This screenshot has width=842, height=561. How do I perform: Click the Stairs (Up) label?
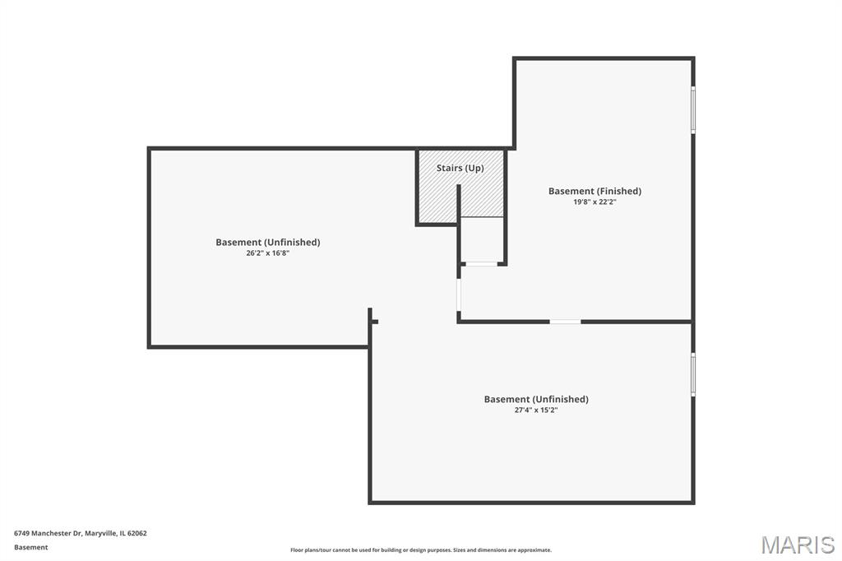tap(460, 168)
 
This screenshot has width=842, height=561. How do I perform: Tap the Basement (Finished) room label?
tap(594, 191)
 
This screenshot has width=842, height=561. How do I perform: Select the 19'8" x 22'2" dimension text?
tap(594, 202)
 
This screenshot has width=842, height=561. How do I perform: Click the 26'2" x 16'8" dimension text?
tap(267, 253)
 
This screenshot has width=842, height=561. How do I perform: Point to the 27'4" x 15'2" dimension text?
tap(536, 410)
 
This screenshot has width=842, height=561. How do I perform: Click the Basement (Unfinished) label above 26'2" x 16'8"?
tap(267, 243)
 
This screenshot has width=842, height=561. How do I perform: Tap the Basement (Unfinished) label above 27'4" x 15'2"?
tap(536, 399)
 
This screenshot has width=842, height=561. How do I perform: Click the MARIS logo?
tap(798, 545)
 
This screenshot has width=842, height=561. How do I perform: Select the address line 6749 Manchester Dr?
tap(47, 534)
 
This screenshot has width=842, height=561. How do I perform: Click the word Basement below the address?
tap(30, 548)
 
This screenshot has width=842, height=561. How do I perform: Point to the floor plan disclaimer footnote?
tap(420, 550)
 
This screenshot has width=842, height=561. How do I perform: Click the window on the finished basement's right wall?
tap(692, 109)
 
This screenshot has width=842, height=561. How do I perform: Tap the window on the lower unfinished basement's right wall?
tap(692, 374)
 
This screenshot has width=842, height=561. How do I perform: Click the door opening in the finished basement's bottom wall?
tap(565, 322)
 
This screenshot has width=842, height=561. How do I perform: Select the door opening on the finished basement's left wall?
tap(459, 294)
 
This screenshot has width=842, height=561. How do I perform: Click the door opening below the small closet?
tap(481, 264)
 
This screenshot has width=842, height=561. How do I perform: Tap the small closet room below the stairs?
tap(482, 239)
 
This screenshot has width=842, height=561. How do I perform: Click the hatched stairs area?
tap(460, 186)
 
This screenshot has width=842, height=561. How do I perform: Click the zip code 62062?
tap(137, 534)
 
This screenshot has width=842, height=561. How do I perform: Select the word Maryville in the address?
tap(100, 534)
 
